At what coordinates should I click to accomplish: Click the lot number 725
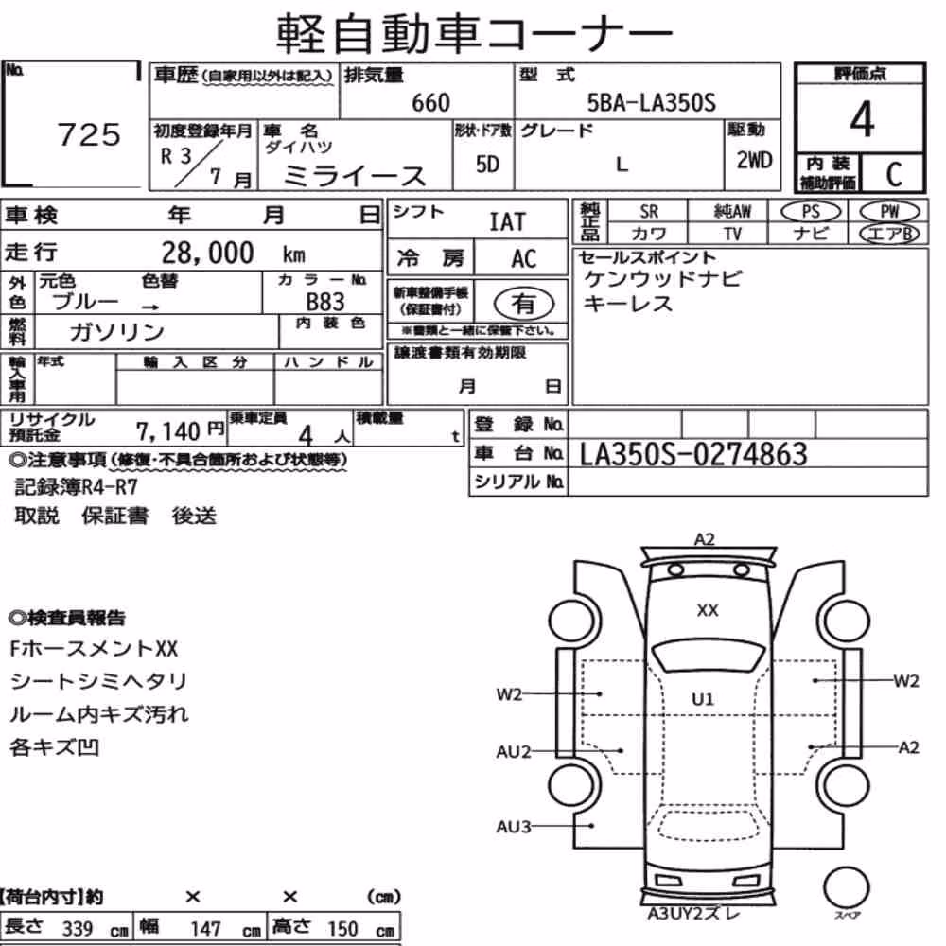89,134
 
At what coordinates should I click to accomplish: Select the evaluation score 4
862,119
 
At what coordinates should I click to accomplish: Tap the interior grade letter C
894,174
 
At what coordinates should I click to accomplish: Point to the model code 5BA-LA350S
652,103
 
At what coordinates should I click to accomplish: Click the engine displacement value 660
430,103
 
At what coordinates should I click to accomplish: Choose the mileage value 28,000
207,253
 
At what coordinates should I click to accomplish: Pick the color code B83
325,302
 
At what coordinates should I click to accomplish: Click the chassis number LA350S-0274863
692,454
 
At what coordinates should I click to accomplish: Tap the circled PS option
811,212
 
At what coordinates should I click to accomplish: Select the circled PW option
889,212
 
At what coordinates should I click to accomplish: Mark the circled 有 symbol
524,304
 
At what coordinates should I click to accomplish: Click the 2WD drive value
754,161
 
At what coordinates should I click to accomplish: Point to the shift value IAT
507,222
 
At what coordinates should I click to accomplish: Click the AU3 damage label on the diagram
513,827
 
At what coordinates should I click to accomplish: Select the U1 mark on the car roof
703,699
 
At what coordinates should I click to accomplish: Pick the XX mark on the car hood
707,610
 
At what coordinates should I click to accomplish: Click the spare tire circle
846,888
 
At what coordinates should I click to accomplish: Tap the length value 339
78,929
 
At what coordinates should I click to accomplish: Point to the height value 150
342,929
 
